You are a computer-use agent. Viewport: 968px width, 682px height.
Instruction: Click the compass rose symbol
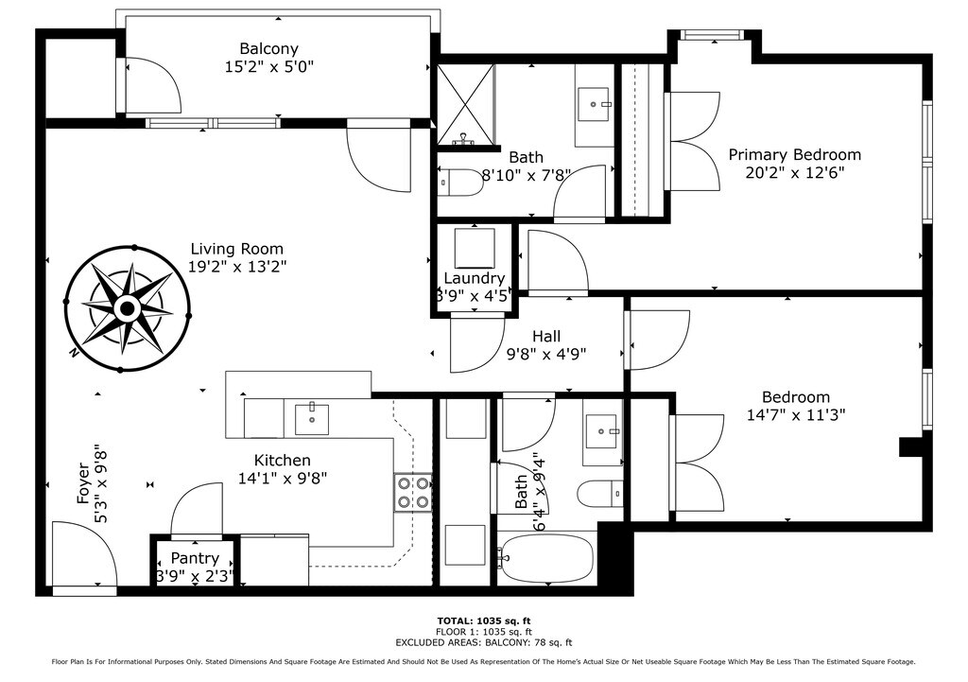pyautogui.click(x=128, y=308)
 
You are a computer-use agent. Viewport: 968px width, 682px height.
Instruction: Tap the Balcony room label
pyautogui.click(x=269, y=48)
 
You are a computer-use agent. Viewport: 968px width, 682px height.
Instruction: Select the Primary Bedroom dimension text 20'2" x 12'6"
pyautogui.click(x=794, y=172)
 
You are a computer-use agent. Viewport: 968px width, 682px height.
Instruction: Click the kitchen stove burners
pyautogui.click(x=413, y=493)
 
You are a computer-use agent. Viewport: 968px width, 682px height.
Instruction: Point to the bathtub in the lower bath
pyautogui.click(x=547, y=558)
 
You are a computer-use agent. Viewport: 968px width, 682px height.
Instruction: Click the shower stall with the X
pyautogui.click(x=466, y=104)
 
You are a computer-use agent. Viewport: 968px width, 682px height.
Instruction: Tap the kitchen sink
pyautogui.click(x=312, y=419)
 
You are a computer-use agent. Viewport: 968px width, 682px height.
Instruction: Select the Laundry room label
pyautogui.click(x=475, y=278)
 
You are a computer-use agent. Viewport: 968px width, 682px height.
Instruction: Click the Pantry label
pyautogui.click(x=195, y=558)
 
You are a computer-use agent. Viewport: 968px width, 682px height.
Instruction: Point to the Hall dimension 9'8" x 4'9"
pyautogui.click(x=546, y=354)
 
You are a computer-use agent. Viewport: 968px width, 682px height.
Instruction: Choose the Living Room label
pyautogui.click(x=237, y=249)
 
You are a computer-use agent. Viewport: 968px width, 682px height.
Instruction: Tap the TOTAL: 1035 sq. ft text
pyautogui.click(x=484, y=621)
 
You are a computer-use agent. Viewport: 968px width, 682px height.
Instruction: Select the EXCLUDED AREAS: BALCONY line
pyautogui.click(x=484, y=642)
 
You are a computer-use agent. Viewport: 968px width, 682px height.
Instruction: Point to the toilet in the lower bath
pyautogui.click(x=600, y=493)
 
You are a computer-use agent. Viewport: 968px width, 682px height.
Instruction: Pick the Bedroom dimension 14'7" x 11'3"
pyautogui.click(x=796, y=414)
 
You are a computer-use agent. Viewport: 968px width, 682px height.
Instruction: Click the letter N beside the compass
pyautogui.click(x=74, y=354)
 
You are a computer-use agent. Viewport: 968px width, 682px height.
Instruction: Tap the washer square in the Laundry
pyautogui.click(x=475, y=249)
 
